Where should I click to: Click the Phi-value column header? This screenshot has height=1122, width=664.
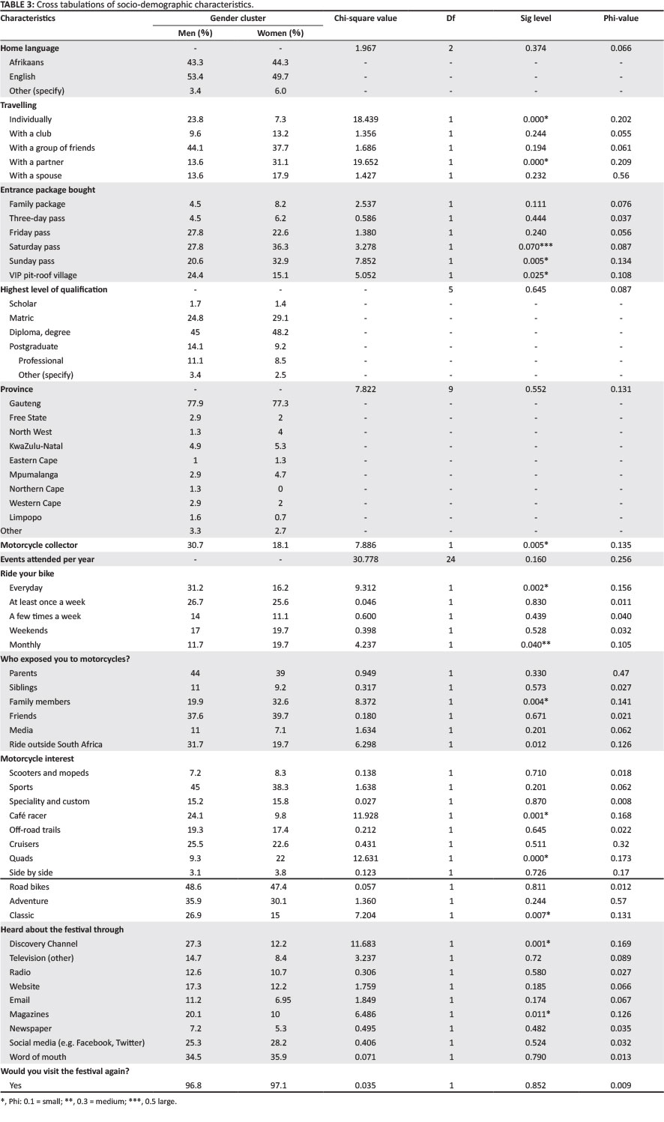[x=621, y=19]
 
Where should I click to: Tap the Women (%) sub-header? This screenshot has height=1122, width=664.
[x=280, y=33]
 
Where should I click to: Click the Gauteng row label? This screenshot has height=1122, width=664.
[x=25, y=403]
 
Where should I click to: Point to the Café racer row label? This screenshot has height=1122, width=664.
[x=28, y=815]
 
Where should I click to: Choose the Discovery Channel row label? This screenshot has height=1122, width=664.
[x=43, y=944]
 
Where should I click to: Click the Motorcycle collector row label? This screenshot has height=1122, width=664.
[x=39, y=546]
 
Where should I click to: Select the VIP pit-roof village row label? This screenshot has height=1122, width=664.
[x=43, y=275]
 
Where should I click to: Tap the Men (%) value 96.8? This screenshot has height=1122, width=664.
[x=195, y=1085]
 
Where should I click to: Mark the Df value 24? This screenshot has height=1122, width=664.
[x=450, y=560]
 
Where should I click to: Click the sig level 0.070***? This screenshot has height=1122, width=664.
[x=537, y=247]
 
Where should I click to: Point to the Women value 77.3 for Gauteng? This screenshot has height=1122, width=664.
[x=280, y=403]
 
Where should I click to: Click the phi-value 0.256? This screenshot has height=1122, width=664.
[x=621, y=560]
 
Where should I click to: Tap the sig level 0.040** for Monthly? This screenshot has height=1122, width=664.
[x=537, y=645]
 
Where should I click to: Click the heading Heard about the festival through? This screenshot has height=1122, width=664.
[x=62, y=929]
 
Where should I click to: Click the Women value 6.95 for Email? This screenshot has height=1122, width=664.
[x=280, y=1001]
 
